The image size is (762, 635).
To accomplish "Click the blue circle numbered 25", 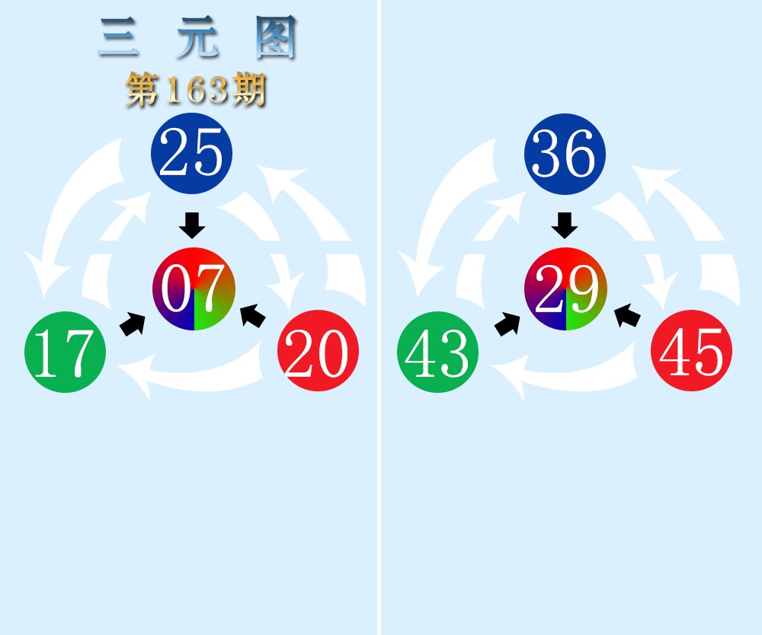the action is click(x=191, y=153).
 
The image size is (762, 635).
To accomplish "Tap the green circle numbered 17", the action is click(x=65, y=352).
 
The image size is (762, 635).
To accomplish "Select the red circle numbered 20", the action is click(x=319, y=350).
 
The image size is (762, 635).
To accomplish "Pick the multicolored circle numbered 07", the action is click(x=194, y=289).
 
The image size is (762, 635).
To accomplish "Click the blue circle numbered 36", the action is click(x=565, y=154).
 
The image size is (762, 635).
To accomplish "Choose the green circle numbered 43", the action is click(x=438, y=352).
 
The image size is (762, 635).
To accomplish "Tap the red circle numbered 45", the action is click(x=692, y=350).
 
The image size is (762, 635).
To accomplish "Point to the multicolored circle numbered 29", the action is click(x=565, y=289).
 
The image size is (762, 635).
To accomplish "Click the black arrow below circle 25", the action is click(x=192, y=225).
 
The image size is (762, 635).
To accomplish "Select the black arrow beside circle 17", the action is click(x=133, y=324).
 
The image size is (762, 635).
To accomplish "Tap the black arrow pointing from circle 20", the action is click(x=253, y=315).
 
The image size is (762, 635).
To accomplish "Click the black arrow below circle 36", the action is click(x=565, y=225).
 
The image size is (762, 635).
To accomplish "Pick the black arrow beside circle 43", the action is click(x=507, y=324).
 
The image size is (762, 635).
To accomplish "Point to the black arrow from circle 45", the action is click(x=627, y=315).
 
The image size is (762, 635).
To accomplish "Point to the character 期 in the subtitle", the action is click(x=249, y=90).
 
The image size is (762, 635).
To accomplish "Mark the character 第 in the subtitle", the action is click(x=142, y=90).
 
